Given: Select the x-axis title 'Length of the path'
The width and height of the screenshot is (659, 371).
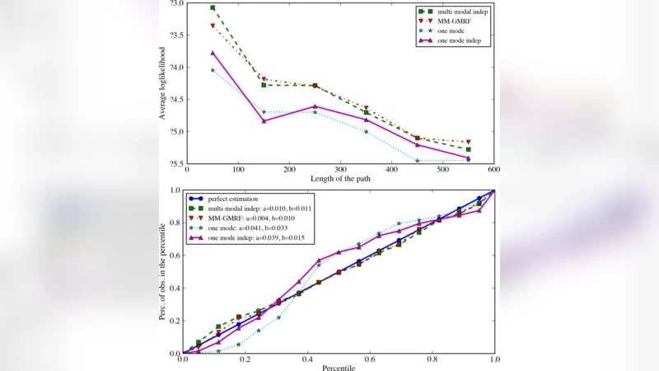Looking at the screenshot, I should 340,179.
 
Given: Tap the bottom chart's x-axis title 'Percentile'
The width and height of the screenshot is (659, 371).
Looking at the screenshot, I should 338,368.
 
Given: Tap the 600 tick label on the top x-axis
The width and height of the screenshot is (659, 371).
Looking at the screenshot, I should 493,170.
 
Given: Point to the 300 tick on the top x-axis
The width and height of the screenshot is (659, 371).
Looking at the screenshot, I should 339,170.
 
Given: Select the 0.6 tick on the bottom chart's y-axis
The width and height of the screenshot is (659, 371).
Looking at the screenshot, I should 175,255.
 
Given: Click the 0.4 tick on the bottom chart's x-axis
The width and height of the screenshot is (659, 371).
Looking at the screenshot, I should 307,360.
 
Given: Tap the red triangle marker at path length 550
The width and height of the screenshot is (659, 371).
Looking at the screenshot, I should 468,142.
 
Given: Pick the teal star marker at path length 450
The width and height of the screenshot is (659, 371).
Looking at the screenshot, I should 417,161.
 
